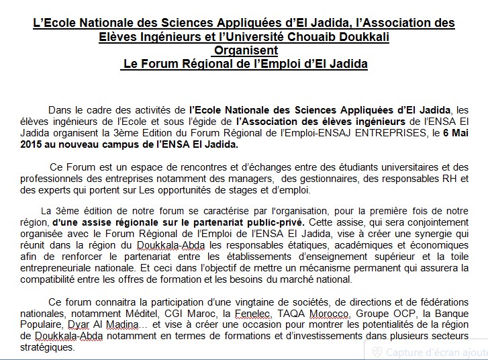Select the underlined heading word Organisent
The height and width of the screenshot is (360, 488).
tap(244, 50)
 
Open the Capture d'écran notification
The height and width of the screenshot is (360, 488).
tap(430, 351)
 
